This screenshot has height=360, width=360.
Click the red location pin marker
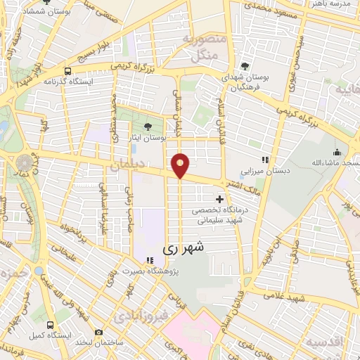point(181,165)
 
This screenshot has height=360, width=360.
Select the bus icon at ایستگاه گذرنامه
point(67,71)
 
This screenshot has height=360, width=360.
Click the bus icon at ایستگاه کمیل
point(50,325)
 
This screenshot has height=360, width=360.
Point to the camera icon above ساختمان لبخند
point(98,332)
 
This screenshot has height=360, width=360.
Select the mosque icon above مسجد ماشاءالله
point(337,152)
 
